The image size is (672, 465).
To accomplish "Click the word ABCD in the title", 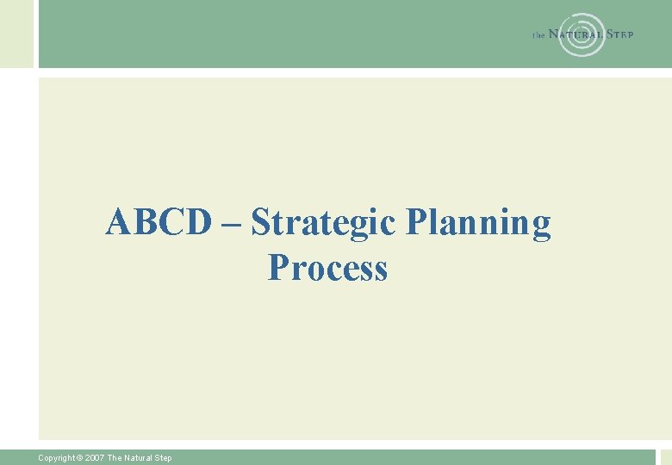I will [159, 223].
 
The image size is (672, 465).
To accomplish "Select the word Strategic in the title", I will [323, 224].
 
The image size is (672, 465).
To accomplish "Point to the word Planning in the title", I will [477, 224].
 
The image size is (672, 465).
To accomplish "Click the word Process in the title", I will [327, 268].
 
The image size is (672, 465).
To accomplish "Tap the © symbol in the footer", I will [81, 458].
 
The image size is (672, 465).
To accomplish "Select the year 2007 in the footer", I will [95, 458].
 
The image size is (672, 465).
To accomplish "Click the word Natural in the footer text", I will [137, 458].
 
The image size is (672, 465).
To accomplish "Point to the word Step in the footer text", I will [163, 458].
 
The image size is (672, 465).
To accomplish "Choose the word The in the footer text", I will [114, 458].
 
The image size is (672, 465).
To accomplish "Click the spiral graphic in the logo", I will [582, 34].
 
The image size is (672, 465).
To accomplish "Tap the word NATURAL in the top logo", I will [575, 34].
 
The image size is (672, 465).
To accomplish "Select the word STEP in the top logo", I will [620, 34].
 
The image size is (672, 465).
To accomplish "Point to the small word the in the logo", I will [538, 35].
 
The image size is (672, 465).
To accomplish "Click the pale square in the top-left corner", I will [16, 34].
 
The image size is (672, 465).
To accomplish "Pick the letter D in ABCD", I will [197, 223].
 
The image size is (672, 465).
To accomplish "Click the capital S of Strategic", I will [259, 223].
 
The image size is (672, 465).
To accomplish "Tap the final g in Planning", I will [540, 226].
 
